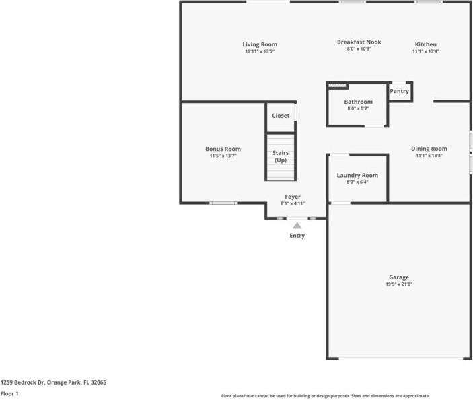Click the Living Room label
tap(260, 45)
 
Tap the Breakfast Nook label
tap(359, 42)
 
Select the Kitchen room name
tap(425, 45)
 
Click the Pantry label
tap(399, 91)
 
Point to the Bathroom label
tap(358, 102)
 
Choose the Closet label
tap(281, 116)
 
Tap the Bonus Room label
tap(223, 149)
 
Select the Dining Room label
tap(429, 149)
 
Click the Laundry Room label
tap(357, 175)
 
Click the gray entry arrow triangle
tap(297, 226)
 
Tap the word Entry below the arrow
tap(297, 236)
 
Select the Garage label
tap(398, 277)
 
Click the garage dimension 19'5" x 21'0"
tap(398, 284)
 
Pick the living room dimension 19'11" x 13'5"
tap(260, 51)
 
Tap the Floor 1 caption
tap(9, 393)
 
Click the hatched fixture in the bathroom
tap(337, 86)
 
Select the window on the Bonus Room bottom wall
tap(223, 203)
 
